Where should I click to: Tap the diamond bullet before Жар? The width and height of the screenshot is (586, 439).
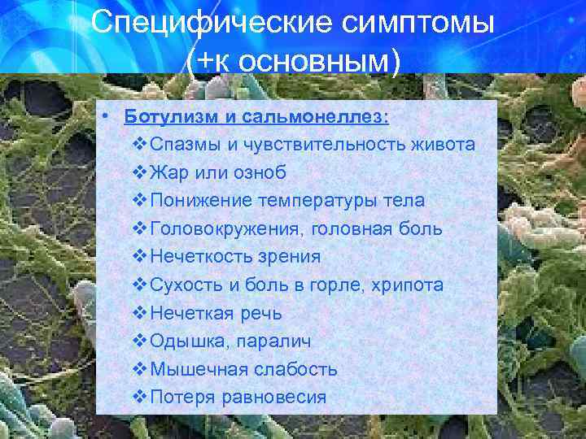pos(137,172)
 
